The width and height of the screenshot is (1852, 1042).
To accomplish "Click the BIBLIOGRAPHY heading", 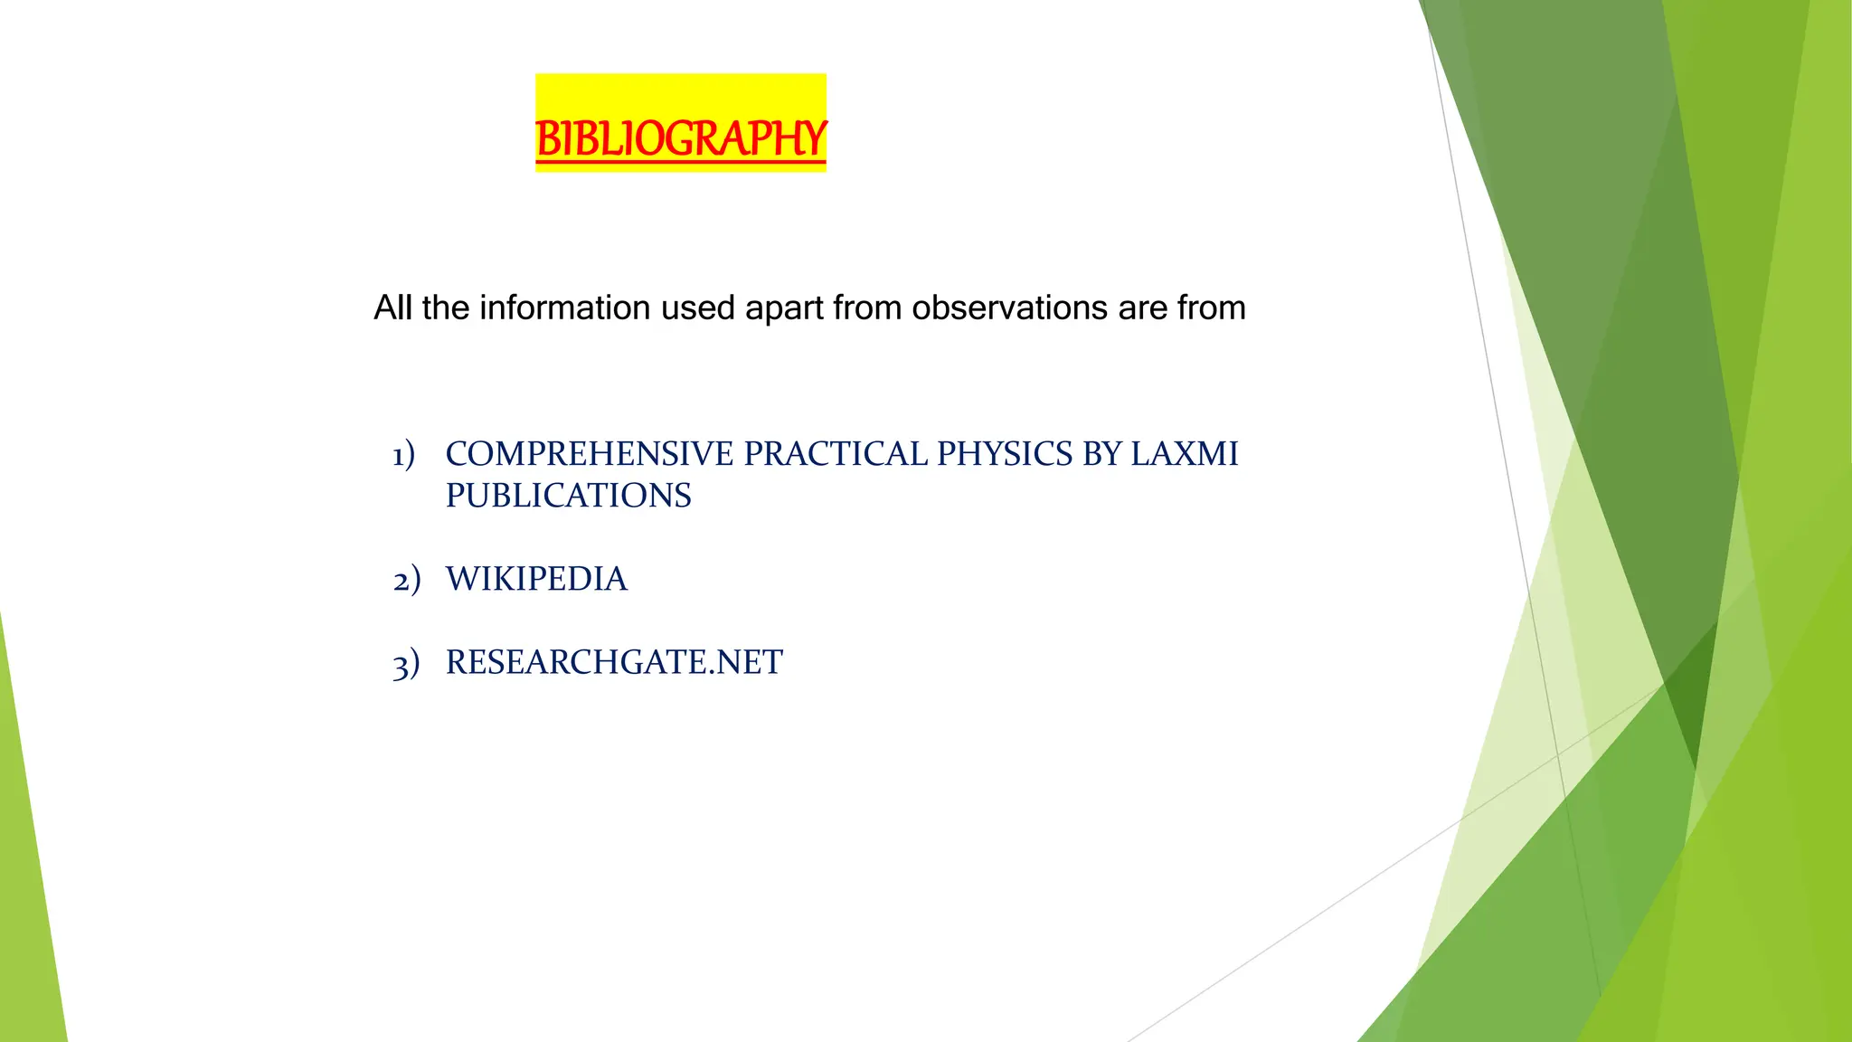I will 680,138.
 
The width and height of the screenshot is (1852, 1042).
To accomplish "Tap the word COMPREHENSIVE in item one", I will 589,454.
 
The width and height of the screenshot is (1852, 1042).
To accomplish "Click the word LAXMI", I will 1185,454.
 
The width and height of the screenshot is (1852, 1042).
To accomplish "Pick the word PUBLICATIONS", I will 568,496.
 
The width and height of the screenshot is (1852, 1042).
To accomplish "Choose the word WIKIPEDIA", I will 536,579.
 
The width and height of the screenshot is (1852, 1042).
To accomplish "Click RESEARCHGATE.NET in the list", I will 614,662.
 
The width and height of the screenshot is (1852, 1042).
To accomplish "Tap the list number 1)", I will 403,454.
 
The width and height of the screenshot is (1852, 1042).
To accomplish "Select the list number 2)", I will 406,580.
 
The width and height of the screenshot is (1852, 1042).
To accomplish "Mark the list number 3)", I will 406,663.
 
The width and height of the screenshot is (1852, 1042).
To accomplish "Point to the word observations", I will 1009,308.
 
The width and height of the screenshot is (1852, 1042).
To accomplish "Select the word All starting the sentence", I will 393,308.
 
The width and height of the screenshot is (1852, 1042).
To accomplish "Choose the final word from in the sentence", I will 1212,308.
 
